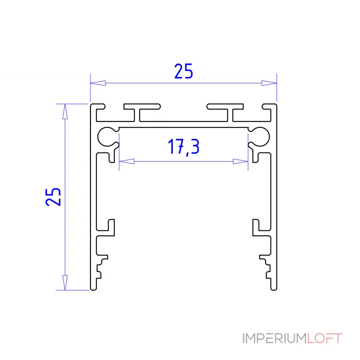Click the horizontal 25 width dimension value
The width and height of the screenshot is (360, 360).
[184, 71]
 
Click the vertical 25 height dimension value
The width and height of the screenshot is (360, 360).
[53, 197]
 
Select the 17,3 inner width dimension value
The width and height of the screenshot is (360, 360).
[184, 147]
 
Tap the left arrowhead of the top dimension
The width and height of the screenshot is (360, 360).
[98, 83]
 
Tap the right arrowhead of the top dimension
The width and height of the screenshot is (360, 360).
[269, 83]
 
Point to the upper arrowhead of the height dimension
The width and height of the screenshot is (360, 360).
[65, 112]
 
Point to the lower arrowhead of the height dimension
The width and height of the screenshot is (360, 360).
[65, 283]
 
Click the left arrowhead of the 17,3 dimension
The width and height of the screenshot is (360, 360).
[127, 162]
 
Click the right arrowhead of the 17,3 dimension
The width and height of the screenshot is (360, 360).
[240, 162]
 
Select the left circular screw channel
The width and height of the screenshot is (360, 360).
[98, 137]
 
